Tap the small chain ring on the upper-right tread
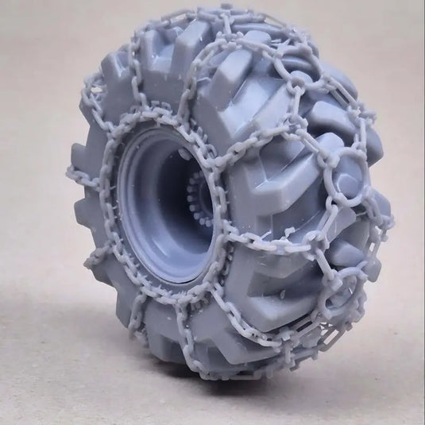(x=296, y=80)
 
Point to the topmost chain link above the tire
(x=226, y=10)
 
